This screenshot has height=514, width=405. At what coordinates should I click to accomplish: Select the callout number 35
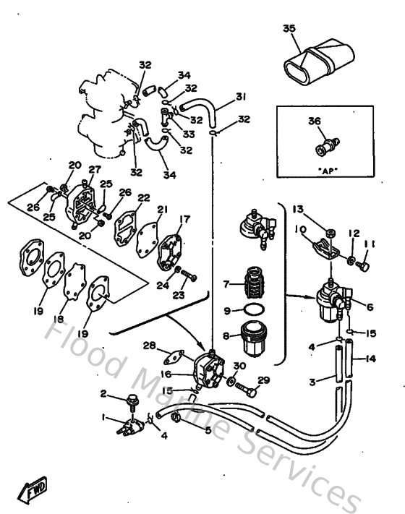pos(289,29)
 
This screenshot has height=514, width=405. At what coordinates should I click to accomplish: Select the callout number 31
pos(241,96)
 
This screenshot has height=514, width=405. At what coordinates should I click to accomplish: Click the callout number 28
pos(150,345)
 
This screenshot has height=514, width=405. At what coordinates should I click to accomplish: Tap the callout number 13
pos(297,209)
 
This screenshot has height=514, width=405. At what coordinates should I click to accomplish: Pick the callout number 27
pos(93,171)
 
